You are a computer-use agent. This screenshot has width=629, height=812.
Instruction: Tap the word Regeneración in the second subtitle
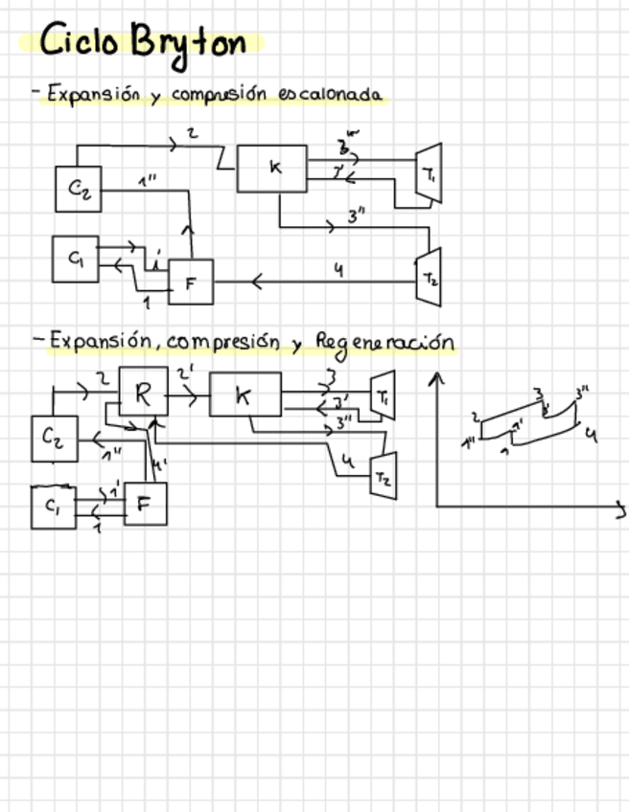384,343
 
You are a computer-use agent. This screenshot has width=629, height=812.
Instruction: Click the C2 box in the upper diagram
79,189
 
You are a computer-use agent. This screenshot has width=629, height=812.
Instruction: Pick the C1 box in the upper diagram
75,259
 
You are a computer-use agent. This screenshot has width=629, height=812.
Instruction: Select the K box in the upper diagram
272,168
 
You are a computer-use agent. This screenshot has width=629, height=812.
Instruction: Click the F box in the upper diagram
191,282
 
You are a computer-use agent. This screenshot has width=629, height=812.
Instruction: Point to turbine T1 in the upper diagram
428,173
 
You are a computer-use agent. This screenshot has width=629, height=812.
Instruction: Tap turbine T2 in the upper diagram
428,277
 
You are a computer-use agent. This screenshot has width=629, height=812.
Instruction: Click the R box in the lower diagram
143,393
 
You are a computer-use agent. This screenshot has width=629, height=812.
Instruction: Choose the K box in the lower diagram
245,395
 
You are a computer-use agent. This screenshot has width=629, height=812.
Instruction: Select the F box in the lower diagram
145,504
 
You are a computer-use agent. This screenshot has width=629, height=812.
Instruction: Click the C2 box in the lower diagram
54,440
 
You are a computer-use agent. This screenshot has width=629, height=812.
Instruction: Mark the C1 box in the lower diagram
52,507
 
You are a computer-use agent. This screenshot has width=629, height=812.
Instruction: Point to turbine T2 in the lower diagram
383,476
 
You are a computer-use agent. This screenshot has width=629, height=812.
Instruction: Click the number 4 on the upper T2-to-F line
338,270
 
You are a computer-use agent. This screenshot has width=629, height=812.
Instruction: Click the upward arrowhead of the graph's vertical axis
437,378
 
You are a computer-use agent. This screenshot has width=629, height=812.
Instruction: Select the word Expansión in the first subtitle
93,95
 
